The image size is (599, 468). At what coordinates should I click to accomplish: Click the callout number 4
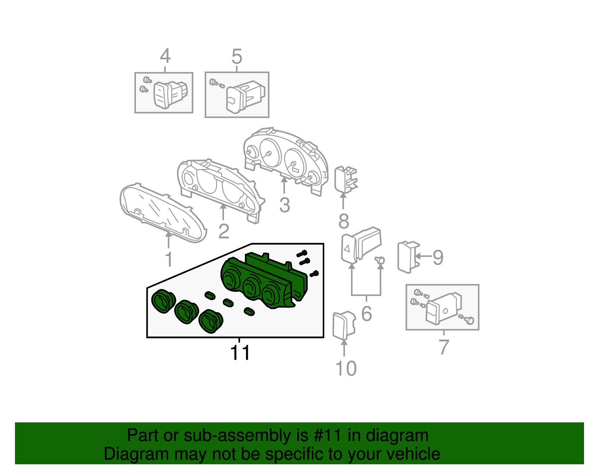[x=165, y=56]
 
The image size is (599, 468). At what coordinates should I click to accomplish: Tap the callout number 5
[x=237, y=57]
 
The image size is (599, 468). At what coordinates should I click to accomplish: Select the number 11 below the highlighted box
[x=240, y=353]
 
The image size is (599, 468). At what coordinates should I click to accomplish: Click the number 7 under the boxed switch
[x=444, y=347]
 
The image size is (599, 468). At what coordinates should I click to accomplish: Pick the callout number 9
[x=438, y=257]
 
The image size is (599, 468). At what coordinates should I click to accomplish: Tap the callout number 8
[x=344, y=221]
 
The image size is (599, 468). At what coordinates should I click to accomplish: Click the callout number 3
[x=285, y=205]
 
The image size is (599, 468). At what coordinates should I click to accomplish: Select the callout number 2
[x=224, y=231]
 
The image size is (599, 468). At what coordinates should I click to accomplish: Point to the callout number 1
[x=169, y=259]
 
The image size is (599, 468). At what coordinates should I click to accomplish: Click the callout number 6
[x=367, y=314]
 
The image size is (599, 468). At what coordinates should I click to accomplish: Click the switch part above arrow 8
[x=346, y=179]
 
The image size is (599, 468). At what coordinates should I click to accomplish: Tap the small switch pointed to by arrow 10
[x=344, y=325]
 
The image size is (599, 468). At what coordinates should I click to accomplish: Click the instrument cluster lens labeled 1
[x=163, y=212]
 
